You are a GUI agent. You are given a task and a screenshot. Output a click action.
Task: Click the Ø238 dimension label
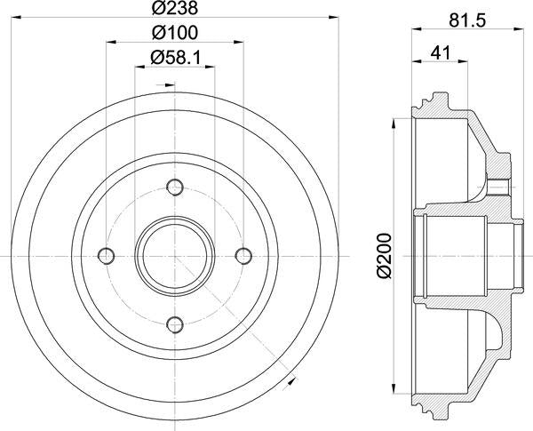(x=174, y=9)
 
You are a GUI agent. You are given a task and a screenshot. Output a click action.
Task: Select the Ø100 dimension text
(x=174, y=33)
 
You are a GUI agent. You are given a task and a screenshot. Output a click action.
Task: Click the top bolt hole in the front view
(x=175, y=188)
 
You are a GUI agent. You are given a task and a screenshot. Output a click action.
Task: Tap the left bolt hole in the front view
(x=107, y=256)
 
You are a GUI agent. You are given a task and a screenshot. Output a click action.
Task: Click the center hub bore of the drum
(x=175, y=255)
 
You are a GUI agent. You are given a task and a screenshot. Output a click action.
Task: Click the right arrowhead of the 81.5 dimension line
(x=511, y=32)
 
